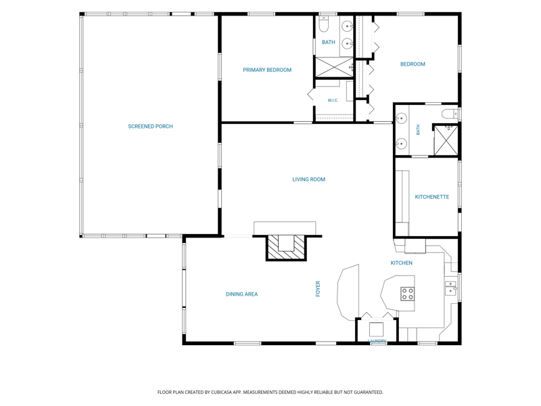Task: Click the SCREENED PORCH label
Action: [150, 127]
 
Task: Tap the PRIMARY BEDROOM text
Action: [267, 70]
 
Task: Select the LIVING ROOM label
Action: [309, 179]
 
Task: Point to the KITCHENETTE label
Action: [432, 197]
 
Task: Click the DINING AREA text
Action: [242, 294]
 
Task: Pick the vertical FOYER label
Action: [318, 289]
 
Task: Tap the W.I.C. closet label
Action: [333, 100]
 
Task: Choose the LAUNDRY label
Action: [377, 341]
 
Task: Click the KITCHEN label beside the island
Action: [401, 263]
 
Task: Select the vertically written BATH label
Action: [418, 130]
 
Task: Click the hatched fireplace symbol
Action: [286, 247]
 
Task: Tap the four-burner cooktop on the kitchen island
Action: [408, 294]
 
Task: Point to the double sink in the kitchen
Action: [451, 288]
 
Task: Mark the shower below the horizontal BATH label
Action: [334, 67]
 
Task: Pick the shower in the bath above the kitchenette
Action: [446, 141]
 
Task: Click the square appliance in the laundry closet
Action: [376, 330]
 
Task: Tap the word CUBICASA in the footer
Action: [225, 392]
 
